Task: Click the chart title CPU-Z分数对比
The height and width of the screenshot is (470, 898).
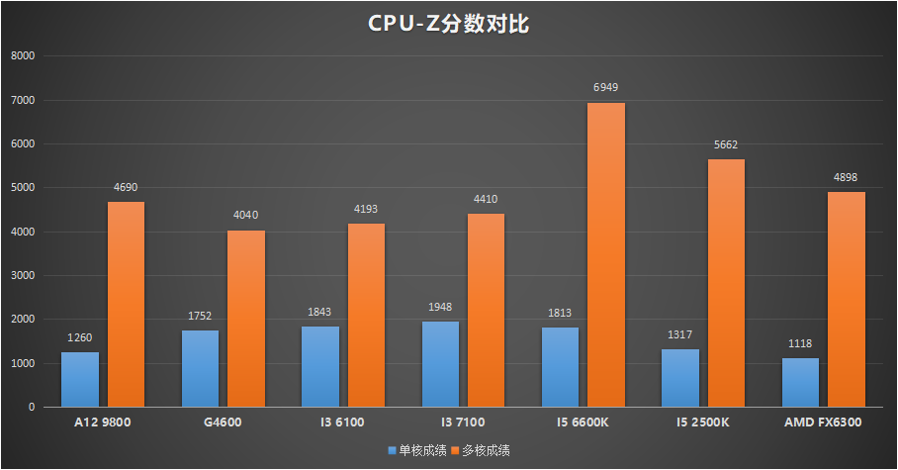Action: tap(448, 24)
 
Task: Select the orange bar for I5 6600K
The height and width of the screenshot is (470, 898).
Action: tap(606, 255)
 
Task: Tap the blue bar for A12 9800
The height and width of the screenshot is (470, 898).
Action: tap(80, 379)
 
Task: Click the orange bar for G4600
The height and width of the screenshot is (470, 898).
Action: tap(246, 319)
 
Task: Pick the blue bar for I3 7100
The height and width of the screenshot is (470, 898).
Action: tap(440, 364)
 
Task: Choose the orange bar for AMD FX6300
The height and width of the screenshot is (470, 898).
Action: tap(847, 299)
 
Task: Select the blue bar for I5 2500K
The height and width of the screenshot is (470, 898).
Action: tap(680, 378)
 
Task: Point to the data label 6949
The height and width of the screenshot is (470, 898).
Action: tap(606, 88)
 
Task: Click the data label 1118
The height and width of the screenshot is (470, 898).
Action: tap(800, 343)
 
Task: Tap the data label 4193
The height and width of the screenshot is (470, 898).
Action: tap(366, 209)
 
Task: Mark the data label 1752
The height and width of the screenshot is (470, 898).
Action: tap(199, 316)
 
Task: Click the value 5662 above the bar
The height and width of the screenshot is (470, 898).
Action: tap(727, 144)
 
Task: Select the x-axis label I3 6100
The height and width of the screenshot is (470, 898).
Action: tap(342, 423)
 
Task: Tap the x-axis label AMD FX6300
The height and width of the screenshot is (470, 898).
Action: tap(823, 423)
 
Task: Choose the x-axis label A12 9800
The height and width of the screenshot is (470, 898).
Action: tap(103, 423)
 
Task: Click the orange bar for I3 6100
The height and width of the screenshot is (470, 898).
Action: tap(366, 316)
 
